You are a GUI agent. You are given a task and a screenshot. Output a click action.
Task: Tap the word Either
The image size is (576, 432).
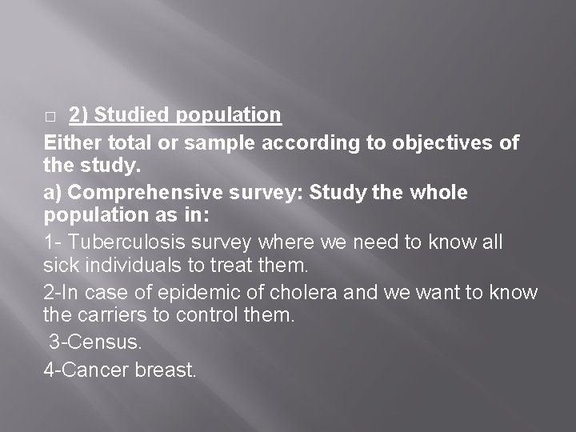(x=70, y=143)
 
